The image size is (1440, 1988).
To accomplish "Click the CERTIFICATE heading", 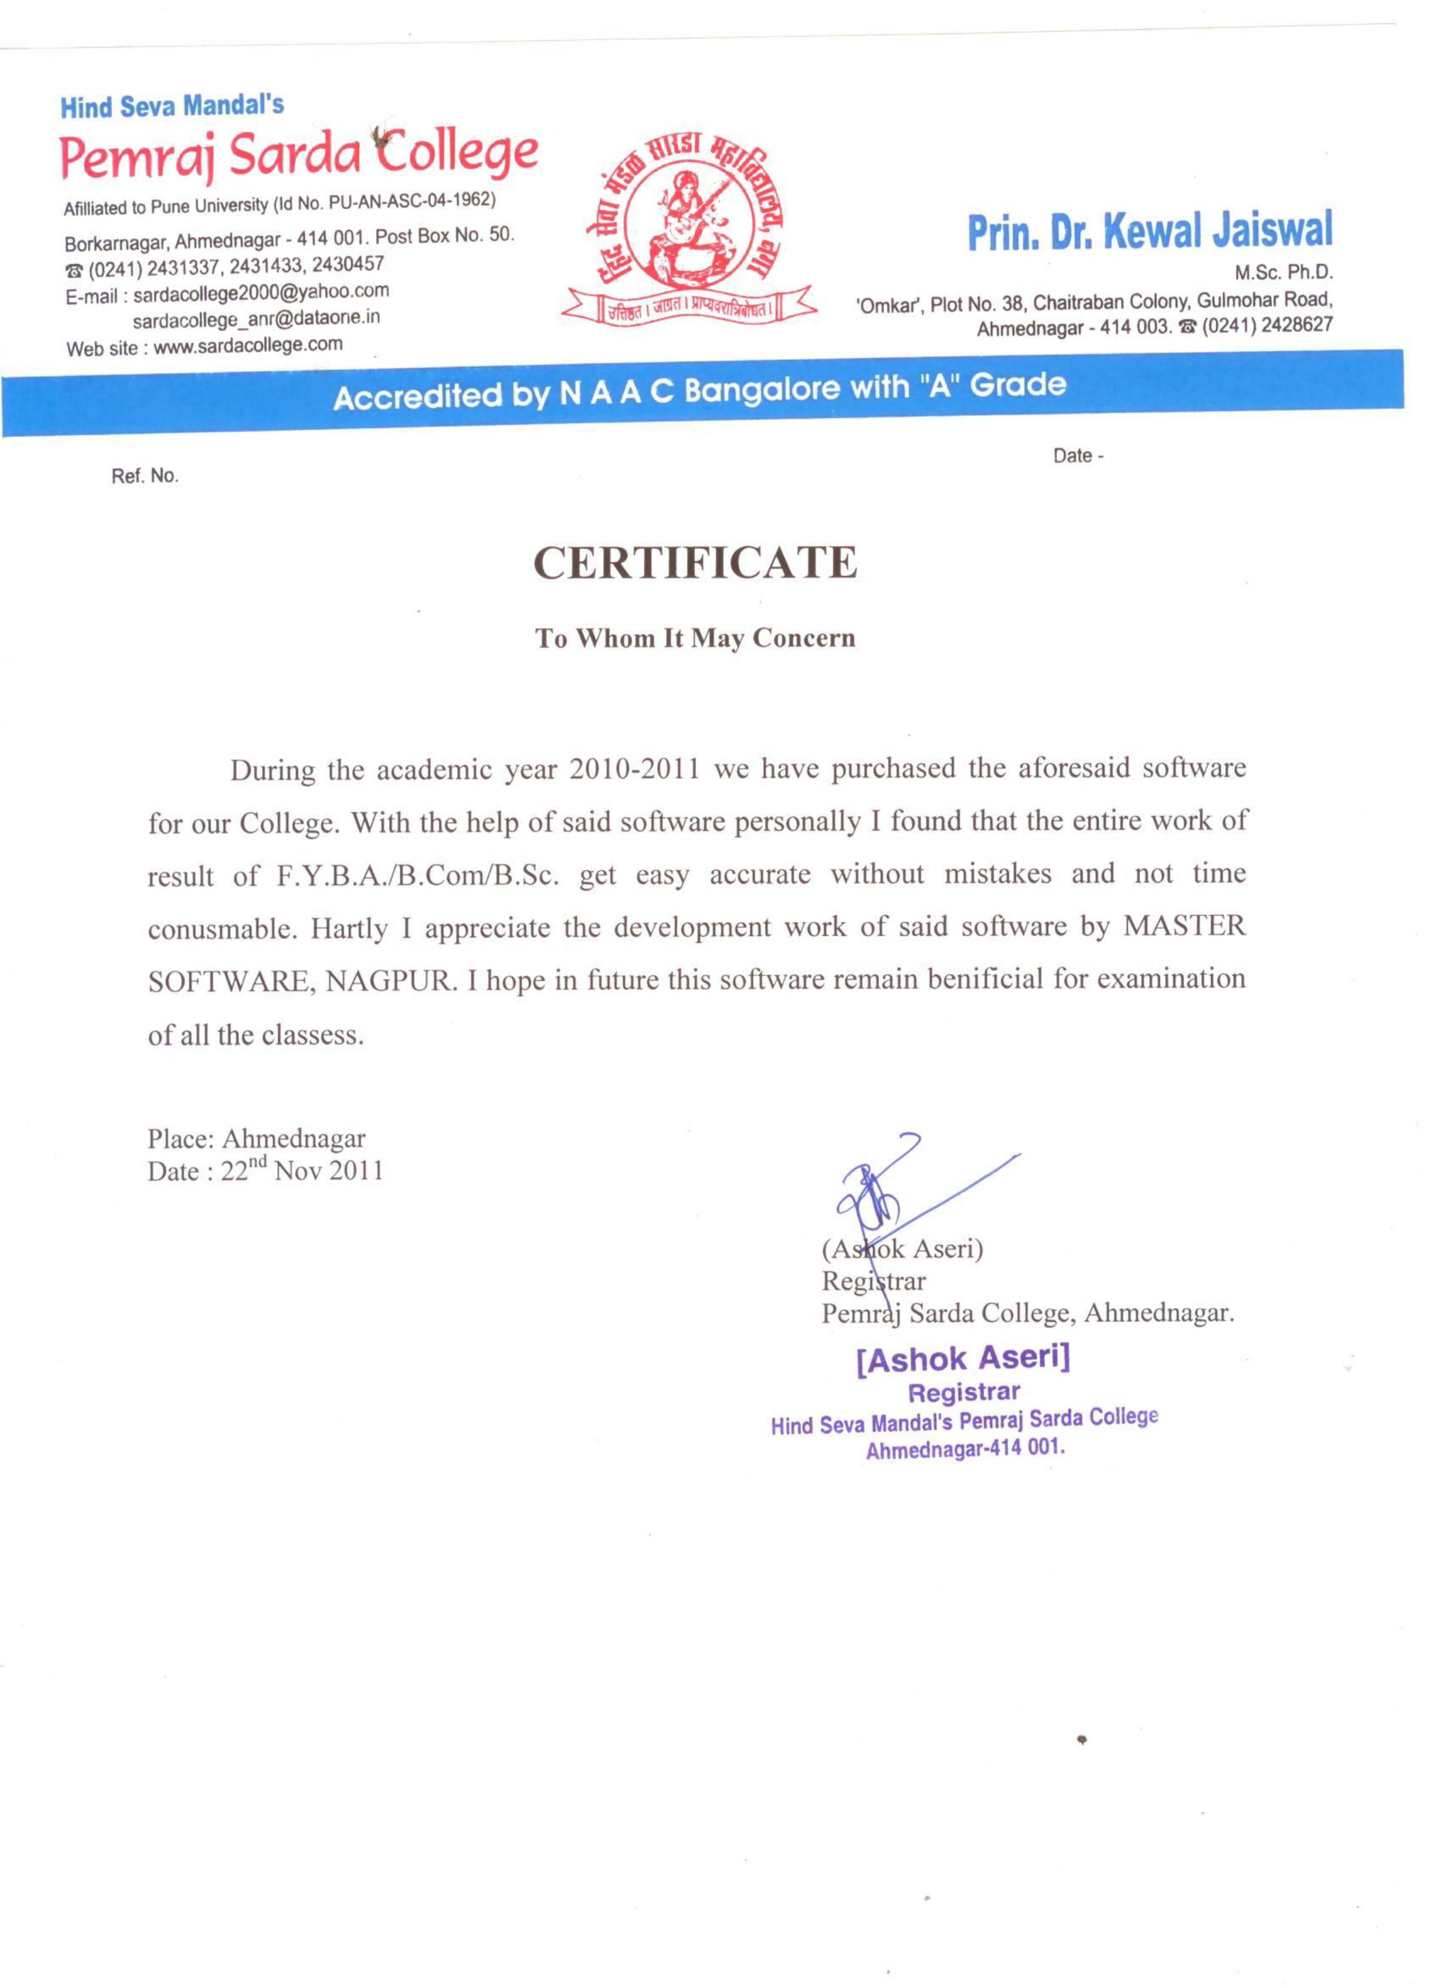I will pos(695,563).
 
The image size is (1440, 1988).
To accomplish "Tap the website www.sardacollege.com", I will pos(248,345).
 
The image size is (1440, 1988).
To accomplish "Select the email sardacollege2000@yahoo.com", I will pos(260,291).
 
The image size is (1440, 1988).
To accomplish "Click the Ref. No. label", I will pos(145,476).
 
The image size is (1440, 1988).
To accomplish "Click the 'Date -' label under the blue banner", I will pos(1078,456).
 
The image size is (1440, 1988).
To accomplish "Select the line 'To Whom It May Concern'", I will pos(695,638).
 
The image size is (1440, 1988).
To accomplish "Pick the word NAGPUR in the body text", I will pos(391,981).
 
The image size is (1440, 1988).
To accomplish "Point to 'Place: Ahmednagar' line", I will pos(256,1139).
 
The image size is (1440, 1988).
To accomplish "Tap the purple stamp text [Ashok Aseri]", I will pos(963,1359).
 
